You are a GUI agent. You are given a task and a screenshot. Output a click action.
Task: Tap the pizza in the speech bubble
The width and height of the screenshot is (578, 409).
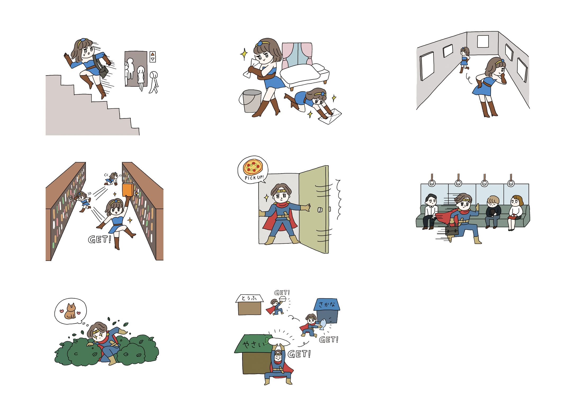253,167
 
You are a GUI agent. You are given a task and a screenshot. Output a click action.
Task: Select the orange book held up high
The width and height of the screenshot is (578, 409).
127,190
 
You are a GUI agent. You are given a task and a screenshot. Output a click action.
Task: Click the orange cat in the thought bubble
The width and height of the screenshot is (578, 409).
70,312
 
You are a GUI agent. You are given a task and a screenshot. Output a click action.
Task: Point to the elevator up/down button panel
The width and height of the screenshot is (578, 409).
153,57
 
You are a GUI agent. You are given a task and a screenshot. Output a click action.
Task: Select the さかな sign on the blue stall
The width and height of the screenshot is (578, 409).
327,305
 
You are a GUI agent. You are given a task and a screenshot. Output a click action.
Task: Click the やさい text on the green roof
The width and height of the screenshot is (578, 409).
253,345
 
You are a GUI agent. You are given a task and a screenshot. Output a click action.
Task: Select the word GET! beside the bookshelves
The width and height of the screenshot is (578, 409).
99,239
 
